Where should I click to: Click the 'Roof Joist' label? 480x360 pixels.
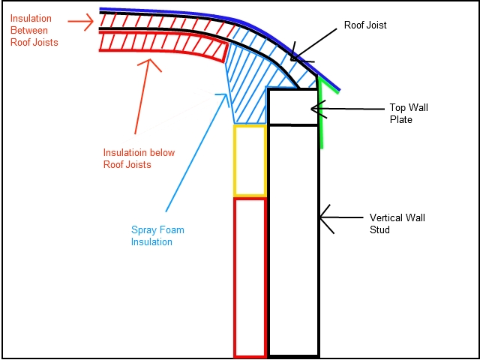(x=365, y=25)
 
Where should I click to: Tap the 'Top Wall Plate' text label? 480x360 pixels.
(x=408, y=113)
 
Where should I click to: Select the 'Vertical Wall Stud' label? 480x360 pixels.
(x=397, y=223)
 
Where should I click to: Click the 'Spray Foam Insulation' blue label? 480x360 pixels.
(x=157, y=235)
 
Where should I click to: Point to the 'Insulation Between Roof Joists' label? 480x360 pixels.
(x=34, y=30)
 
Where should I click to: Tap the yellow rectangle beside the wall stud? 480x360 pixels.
(x=250, y=160)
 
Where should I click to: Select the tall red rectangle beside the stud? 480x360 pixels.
(x=250, y=277)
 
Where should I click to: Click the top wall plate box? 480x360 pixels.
(x=293, y=106)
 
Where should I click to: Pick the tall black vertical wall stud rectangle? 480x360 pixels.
(x=294, y=241)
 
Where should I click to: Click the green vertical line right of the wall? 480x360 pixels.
(x=321, y=113)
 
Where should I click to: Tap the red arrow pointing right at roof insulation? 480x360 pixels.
(x=80, y=22)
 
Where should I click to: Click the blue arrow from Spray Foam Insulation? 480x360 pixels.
(x=196, y=152)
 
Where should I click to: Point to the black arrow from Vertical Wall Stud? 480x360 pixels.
(x=342, y=218)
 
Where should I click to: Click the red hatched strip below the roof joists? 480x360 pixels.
(x=162, y=45)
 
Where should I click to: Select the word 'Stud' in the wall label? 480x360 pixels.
(x=379, y=229)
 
